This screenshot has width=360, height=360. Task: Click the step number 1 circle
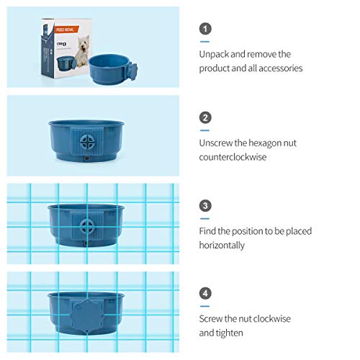click(206, 29)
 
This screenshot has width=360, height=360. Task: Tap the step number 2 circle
click(206, 117)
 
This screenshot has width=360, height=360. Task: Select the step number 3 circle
click(206, 205)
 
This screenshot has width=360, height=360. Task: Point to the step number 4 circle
click(206, 294)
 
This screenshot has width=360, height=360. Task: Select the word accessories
click(275, 68)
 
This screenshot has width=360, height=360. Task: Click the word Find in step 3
click(210, 231)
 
